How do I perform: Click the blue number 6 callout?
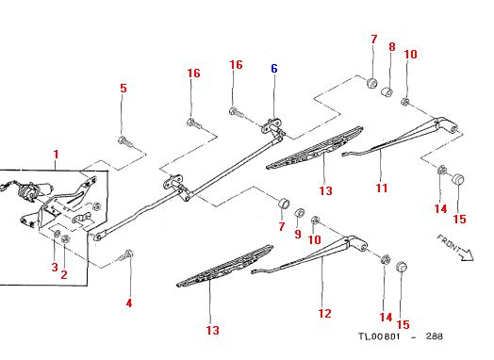click(x=274, y=69)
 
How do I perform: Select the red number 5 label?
click(x=123, y=88)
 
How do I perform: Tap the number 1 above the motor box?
click(x=56, y=155)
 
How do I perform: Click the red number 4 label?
click(x=129, y=303)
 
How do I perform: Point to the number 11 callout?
click(x=382, y=188)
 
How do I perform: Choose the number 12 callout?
click(x=325, y=314)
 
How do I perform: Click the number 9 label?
click(x=298, y=234)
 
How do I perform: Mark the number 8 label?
click(x=391, y=47)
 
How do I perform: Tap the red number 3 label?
click(x=55, y=267)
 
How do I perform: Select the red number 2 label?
click(x=64, y=274)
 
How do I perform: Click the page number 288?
click(x=435, y=336)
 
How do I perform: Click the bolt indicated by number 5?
click(x=125, y=142)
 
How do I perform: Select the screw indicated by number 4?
click(x=126, y=255)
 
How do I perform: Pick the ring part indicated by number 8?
click(x=387, y=92)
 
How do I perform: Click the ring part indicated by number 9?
click(x=299, y=213)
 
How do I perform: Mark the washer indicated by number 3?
click(x=58, y=234)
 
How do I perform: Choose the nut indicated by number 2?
click(x=66, y=238)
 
